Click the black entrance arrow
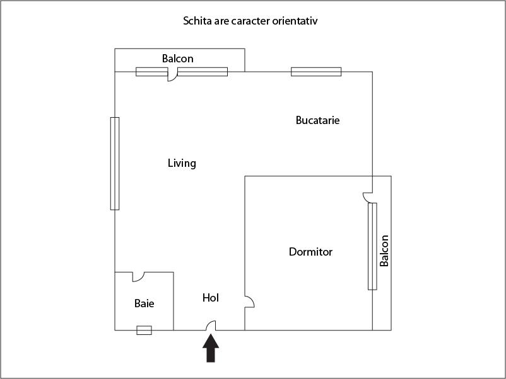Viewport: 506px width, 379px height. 211,349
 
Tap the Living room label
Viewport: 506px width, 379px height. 182,163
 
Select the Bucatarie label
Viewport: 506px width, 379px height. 317,120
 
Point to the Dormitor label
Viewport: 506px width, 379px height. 310,252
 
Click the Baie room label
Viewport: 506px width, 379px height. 144,303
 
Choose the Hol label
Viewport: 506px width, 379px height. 211,298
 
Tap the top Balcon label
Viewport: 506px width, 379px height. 177,59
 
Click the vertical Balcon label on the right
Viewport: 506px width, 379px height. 384,251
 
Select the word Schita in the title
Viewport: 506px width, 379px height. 197,21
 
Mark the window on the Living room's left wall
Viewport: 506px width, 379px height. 115,163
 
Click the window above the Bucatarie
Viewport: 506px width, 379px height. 316,72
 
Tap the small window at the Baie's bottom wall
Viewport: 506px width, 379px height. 144,330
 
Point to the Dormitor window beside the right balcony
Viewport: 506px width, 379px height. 372,246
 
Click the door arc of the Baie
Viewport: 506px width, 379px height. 138,276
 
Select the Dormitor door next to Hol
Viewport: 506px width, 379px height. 249,302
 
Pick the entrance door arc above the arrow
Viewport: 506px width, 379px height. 211,325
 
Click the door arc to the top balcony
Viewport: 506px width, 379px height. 172,76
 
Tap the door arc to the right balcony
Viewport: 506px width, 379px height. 368,196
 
